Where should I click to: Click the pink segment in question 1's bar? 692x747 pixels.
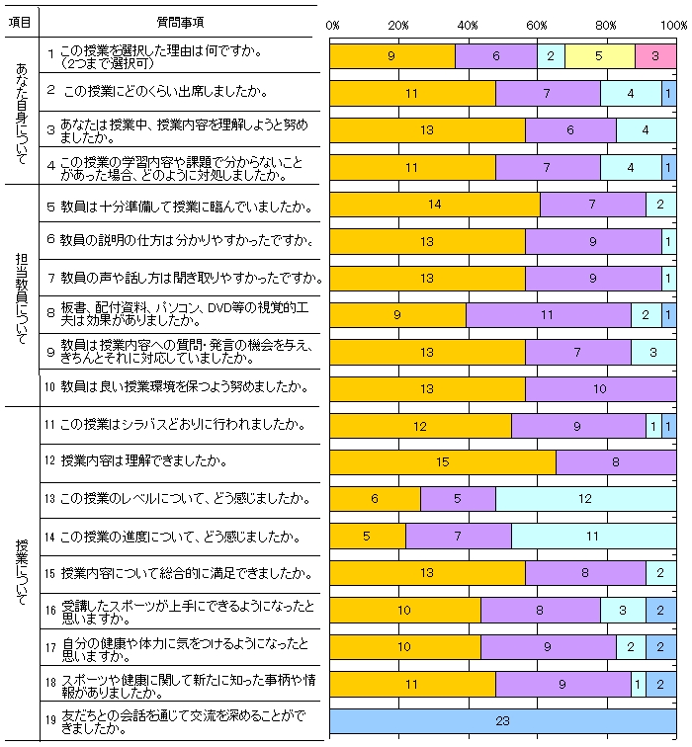click(x=655, y=56)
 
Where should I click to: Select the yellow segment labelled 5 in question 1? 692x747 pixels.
click(x=599, y=56)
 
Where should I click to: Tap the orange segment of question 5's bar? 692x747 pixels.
click(x=435, y=205)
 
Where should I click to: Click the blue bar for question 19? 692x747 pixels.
click(x=502, y=721)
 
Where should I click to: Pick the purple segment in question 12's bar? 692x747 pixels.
click(x=616, y=462)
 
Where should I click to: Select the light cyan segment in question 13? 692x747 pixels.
click(x=585, y=499)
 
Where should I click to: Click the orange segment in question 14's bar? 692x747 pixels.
click(x=367, y=537)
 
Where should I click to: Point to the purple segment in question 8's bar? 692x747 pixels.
click(x=548, y=315)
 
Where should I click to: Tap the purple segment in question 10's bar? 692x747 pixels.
click(x=600, y=388)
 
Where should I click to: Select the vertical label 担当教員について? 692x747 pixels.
click(x=21, y=293)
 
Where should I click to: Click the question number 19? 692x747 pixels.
click(x=48, y=721)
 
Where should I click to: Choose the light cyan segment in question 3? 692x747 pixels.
click(x=646, y=130)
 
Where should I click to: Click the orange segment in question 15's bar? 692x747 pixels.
click(x=427, y=573)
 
